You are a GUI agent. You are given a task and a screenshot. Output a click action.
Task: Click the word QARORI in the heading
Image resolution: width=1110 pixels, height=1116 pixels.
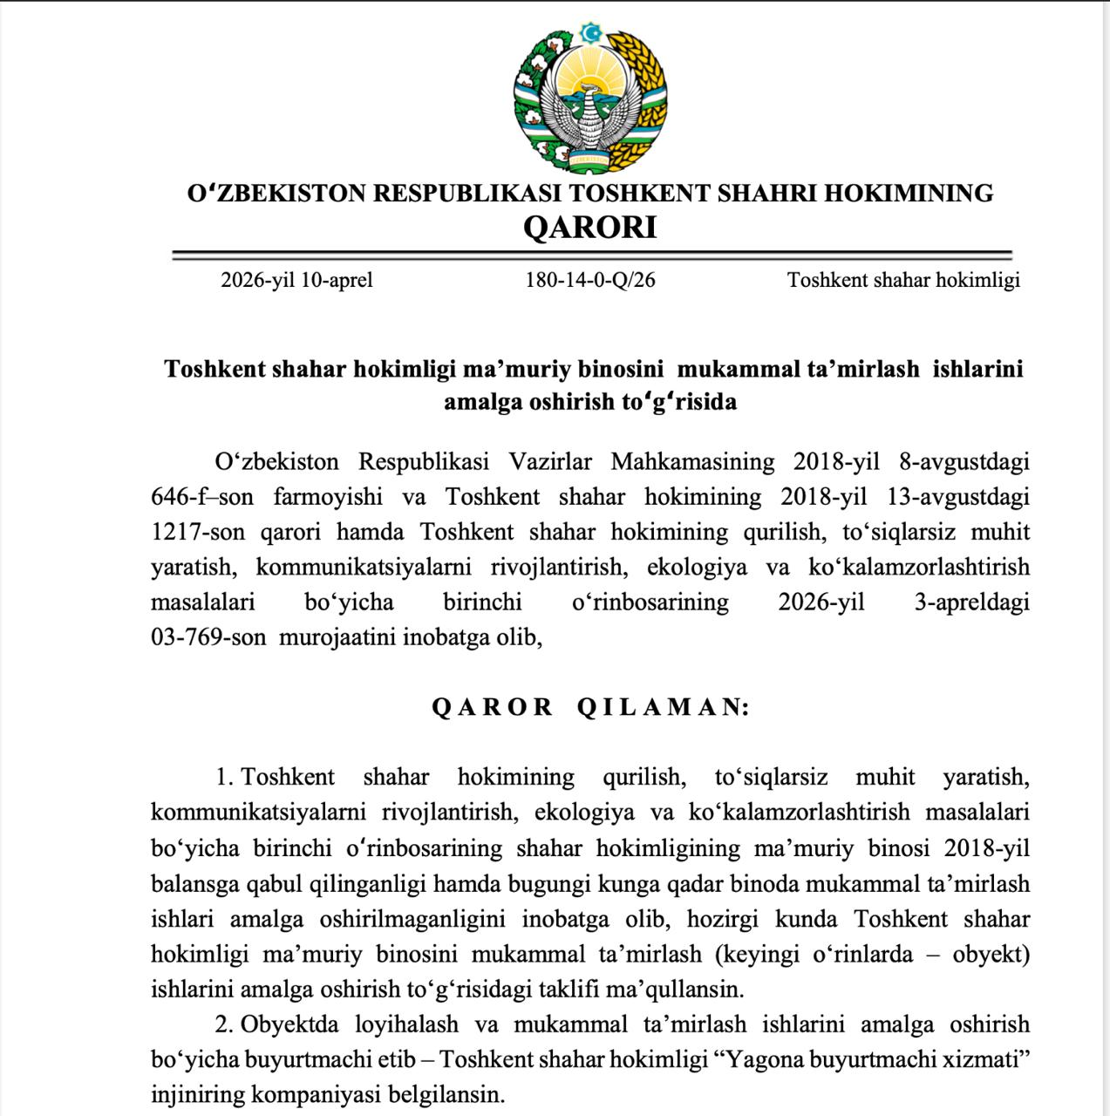coord(589,228)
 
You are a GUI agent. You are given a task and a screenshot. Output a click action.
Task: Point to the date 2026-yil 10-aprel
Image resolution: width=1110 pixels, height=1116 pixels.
coord(296,280)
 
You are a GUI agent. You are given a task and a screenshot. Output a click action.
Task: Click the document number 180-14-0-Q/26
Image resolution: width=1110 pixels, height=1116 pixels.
coord(589,280)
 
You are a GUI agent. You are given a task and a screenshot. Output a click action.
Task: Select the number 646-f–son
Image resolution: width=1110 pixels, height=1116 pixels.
coord(202,497)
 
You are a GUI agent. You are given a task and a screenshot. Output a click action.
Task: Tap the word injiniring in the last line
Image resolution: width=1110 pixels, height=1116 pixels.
coord(196,1093)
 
